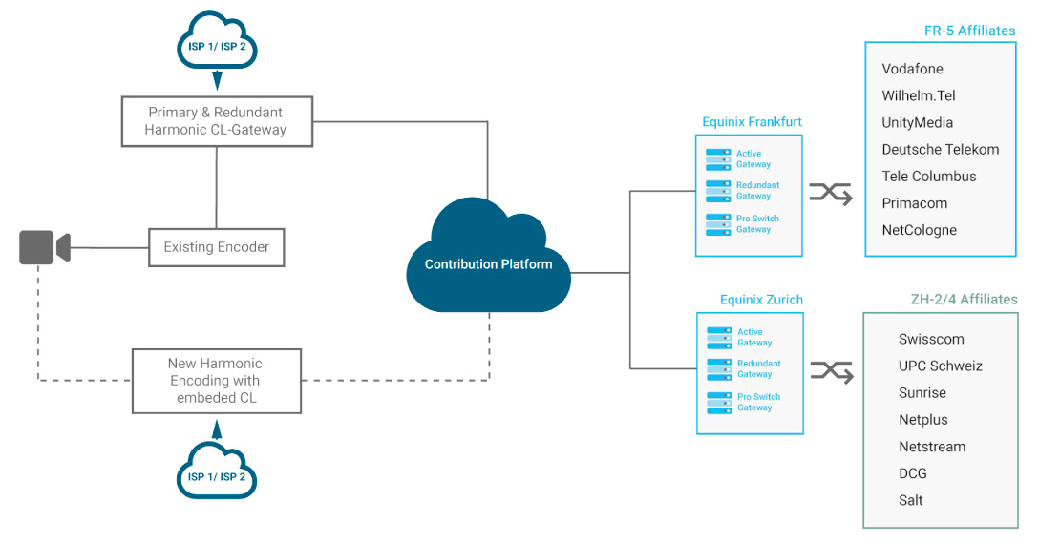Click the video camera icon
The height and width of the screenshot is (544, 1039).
(x=44, y=247)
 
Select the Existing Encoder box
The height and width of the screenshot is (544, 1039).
(x=217, y=247)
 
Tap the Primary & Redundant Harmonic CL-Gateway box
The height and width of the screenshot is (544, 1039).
(x=217, y=121)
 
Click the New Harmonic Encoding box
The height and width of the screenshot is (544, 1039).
(x=217, y=381)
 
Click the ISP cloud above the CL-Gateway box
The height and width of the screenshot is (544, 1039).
(x=217, y=40)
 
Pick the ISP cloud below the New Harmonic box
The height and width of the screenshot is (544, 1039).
(x=217, y=471)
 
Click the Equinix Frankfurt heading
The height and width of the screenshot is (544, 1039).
(x=752, y=122)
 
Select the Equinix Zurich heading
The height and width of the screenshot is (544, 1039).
(x=761, y=300)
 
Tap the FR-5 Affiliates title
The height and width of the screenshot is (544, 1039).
(x=969, y=31)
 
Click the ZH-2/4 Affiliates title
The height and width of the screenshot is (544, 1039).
(x=965, y=299)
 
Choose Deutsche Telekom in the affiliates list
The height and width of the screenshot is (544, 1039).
(x=941, y=149)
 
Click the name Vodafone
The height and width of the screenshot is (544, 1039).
(x=912, y=69)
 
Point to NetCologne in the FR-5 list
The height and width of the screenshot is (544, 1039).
(x=919, y=230)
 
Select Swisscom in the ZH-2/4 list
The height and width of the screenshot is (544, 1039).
(x=931, y=339)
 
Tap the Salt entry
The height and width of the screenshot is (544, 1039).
(x=910, y=500)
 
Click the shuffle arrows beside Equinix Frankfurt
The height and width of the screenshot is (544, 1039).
(x=830, y=194)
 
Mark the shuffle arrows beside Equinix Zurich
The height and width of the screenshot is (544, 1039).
(x=832, y=371)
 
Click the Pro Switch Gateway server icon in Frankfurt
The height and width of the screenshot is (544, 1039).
(x=718, y=224)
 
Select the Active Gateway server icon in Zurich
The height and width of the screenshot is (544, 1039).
(x=720, y=338)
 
